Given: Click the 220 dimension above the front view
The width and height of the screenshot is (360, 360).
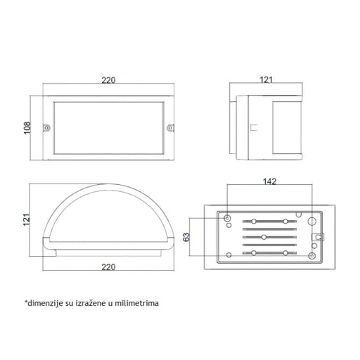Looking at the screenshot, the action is [108, 80].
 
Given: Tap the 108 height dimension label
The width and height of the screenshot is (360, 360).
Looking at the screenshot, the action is [27, 128].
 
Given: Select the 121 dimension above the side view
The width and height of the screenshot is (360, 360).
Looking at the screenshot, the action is [266, 80].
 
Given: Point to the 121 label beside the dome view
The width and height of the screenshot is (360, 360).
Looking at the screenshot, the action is [27, 219].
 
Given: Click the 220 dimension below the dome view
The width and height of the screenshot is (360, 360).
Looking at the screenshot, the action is [108, 267].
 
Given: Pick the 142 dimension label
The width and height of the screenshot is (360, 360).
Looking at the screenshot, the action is [270, 181].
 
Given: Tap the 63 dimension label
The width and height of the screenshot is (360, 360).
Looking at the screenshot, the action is [186, 237].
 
